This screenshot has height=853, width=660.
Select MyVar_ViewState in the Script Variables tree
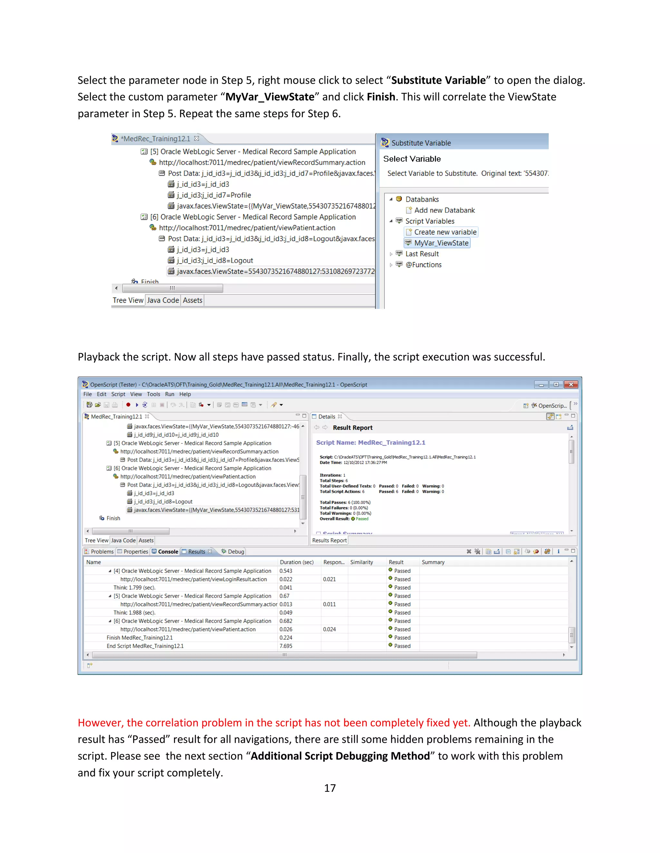441,243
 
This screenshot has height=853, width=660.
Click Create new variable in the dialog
445,232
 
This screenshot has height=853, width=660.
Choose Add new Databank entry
444,210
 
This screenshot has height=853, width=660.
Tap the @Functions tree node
423,265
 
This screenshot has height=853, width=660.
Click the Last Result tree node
422,254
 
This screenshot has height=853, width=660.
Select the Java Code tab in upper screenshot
163,300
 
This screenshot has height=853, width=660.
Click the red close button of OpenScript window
571,385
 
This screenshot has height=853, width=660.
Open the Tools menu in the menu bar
153,394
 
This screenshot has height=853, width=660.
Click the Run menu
169,394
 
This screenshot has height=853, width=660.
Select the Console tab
168,551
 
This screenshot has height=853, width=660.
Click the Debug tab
236,551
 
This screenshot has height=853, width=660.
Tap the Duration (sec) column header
296,562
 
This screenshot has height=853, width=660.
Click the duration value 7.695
286,646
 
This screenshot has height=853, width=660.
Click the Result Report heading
352,428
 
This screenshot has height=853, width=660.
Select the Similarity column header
361,562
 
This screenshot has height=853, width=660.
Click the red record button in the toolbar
128,405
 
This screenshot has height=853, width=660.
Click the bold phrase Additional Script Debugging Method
340,756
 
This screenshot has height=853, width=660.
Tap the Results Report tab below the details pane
329,540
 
